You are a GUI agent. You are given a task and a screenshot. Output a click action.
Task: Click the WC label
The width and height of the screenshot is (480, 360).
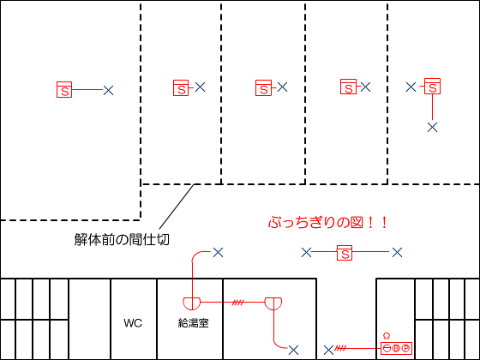(133, 323)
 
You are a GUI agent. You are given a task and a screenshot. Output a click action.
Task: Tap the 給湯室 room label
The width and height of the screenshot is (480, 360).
(193, 323)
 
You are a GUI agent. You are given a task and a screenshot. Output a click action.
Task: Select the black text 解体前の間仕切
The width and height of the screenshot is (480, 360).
(122, 239)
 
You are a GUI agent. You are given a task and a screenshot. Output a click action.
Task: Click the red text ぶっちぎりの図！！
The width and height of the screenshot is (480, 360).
(328, 222)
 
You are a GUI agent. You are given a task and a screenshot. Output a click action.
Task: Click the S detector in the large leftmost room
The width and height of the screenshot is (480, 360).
(64, 89)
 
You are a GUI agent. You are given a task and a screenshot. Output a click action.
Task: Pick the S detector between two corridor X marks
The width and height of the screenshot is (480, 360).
(345, 253)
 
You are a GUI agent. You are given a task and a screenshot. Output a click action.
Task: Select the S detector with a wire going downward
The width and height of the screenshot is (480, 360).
(432, 86)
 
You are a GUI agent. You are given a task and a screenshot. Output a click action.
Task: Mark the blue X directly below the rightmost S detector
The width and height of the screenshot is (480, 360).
(432, 127)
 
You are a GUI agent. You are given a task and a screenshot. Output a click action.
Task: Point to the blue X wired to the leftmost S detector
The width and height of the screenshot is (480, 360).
(108, 90)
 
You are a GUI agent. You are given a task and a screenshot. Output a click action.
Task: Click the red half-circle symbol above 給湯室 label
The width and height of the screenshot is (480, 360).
(192, 303)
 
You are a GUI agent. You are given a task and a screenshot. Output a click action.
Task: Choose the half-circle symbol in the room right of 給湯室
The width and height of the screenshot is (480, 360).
(273, 303)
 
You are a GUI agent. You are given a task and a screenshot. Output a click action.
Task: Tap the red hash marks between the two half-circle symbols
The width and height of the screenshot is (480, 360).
(238, 303)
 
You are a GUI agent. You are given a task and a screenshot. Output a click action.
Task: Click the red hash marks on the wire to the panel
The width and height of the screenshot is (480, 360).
(340, 348)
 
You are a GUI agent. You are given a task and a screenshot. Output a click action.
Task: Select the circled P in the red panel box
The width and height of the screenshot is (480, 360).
(405, 348)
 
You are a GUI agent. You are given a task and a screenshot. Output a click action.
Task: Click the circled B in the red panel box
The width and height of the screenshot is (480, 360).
(396, 348)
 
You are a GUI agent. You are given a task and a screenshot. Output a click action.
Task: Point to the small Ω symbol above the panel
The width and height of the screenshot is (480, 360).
(387, 336)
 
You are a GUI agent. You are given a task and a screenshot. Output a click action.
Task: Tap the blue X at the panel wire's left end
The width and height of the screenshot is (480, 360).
(328, 350)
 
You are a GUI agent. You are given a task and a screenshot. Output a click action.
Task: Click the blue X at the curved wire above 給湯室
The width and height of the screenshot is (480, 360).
(218, 253)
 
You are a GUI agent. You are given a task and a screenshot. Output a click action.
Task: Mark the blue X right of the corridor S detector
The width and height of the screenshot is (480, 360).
(397, 253)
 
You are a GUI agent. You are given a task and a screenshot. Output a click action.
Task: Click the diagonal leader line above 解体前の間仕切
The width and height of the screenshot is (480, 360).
(177, 207)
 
